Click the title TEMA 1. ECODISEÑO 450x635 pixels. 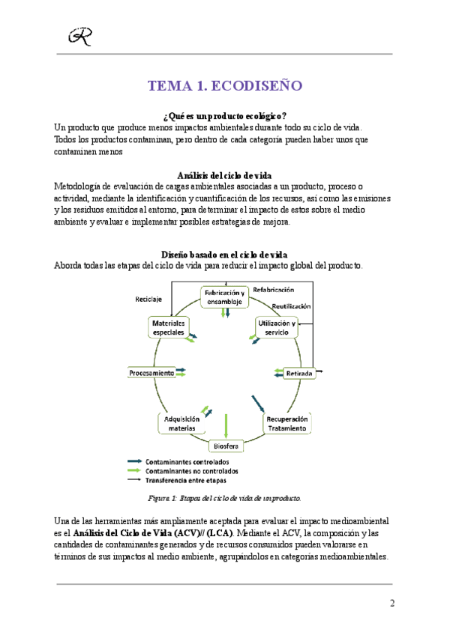coord(225,86)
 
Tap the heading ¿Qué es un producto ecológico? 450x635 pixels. coord(225,116)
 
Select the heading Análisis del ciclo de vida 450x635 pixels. coord(225,175)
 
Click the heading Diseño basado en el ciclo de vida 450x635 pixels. coord(225,255)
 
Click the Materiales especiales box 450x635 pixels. coord(169,326)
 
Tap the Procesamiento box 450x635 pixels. coord(152,372)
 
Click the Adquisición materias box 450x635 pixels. coord(181,424)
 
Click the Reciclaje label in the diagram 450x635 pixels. coord(148,299)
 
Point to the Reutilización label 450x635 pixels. coord(292,306)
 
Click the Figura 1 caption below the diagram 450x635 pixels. coord(224,497)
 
